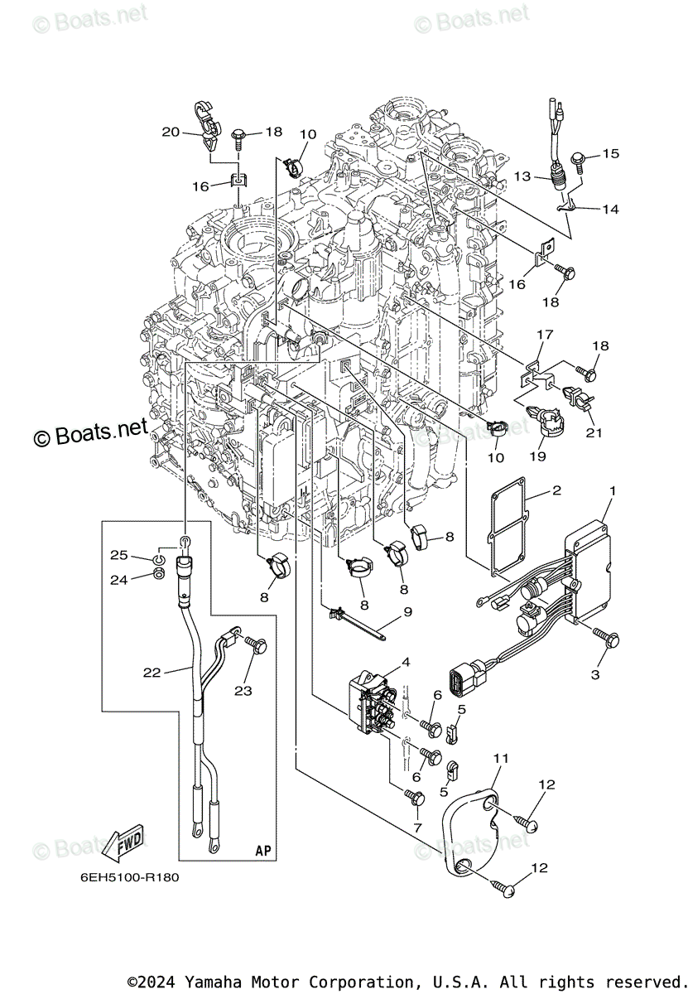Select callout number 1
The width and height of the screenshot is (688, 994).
(612, 491)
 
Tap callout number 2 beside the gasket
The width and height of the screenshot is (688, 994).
(556, 490)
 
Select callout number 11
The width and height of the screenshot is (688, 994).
(502, 758)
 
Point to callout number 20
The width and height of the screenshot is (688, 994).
(171, 132)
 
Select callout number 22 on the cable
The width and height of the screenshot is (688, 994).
(151, 673)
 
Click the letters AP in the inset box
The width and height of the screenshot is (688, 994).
(262, 851)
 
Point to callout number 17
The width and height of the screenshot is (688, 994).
(544, 335)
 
